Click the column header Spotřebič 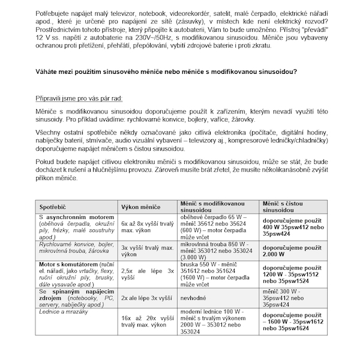[53, 205]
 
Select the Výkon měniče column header [142, 205]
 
